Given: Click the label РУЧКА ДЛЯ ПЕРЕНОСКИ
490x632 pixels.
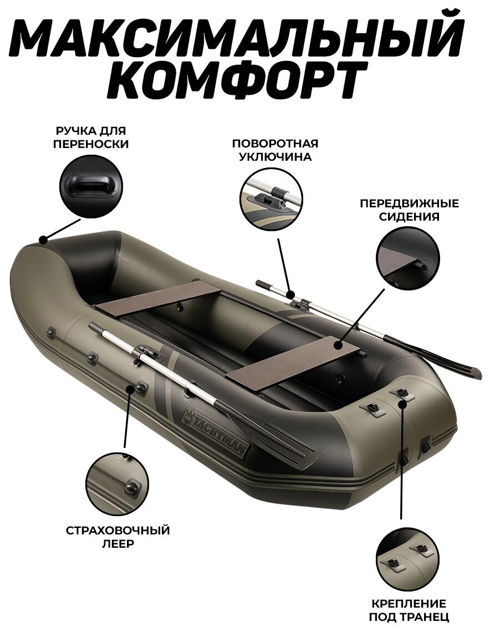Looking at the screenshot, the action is [91, 137].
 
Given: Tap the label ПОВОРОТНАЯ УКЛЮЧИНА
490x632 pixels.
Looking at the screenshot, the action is [275, 150].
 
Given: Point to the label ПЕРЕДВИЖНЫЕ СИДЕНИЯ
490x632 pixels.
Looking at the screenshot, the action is [409, 210].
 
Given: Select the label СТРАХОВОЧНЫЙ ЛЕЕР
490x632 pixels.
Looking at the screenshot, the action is [118, 537].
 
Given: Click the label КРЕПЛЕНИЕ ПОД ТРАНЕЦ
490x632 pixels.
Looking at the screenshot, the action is [409, 610].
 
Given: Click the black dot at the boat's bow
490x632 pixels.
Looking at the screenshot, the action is [43, 239].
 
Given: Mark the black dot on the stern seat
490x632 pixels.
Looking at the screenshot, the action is [339, 345].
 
